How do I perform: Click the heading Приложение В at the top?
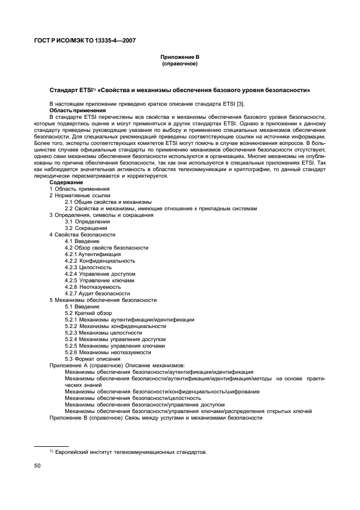click(179, 57)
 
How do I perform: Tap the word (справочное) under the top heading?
click(179, 63)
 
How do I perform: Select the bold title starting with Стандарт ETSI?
click(180, 89)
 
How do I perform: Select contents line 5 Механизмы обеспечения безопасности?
click(103, 300)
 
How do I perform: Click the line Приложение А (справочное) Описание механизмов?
click(117, 366)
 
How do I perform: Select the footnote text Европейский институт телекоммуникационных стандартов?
click(131, 452)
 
